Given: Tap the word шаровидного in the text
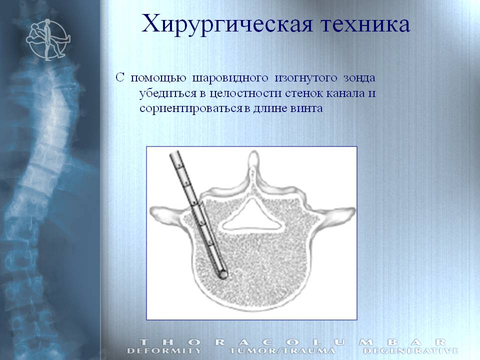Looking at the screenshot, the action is click(230, 78).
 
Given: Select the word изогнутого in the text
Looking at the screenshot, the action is click(306, 78).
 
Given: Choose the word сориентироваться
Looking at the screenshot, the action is click(191, 108).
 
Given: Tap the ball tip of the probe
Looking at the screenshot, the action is click(223, 275).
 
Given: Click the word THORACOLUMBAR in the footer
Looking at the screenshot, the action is click(293, 342).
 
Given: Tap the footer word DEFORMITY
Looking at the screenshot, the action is click(164, 351).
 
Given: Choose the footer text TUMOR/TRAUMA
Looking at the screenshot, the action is click(282, 351).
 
